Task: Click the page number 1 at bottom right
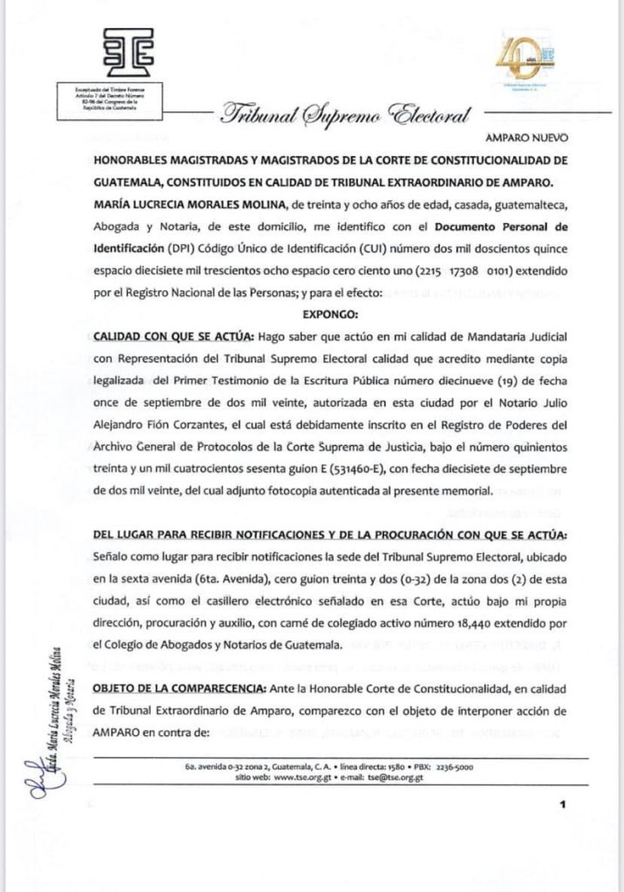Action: [565, 805]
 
